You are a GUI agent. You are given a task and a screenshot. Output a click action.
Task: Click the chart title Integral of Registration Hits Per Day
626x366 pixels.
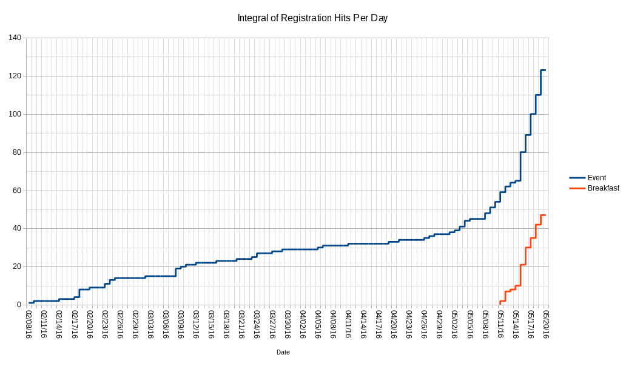point(312,18)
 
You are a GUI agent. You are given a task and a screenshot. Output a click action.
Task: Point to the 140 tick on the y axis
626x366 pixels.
point(15,38)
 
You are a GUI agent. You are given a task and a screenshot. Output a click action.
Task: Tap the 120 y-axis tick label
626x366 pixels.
point(15,76)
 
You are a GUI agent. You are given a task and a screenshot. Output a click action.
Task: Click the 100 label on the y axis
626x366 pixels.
point(15,114)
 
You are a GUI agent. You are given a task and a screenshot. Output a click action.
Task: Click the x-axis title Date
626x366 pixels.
point(283,352)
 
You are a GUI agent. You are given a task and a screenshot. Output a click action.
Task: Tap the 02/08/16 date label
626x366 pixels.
point(29,325)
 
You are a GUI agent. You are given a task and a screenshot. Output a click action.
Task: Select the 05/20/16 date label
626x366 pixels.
point(546,325)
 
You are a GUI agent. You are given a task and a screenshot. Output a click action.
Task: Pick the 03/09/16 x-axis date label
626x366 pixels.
point(181,325)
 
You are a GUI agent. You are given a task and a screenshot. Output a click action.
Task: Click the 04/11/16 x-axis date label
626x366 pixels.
point(348,325)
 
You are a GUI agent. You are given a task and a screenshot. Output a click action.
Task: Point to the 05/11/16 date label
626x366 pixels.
point(500,325)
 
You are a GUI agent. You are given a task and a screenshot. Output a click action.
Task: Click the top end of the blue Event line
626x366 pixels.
point(545,70)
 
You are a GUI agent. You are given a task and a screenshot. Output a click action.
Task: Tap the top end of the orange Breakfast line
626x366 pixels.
point(545,215)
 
